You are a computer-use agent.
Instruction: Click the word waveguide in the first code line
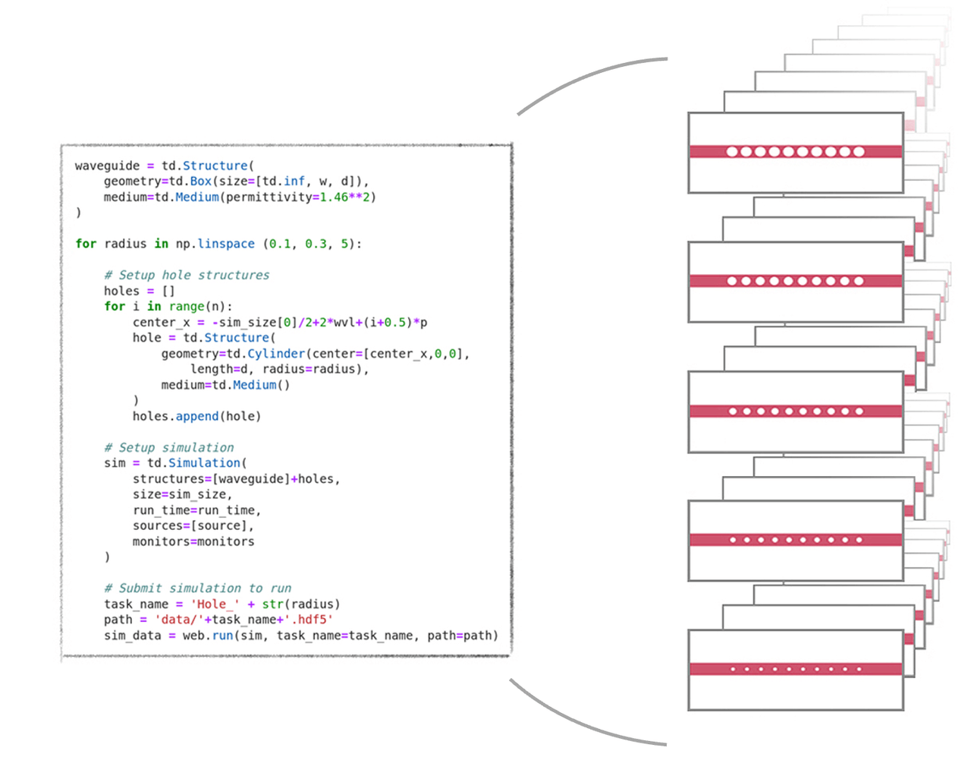107,166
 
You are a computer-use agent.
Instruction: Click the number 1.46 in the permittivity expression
333,197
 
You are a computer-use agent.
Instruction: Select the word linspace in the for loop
226,244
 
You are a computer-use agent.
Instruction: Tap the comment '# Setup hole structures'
187,275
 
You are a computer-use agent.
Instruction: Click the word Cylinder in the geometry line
276,354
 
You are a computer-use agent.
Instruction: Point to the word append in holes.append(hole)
196,416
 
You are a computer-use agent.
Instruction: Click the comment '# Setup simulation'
168,447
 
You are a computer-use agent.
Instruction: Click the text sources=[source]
193,525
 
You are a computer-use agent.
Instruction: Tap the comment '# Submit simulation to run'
197,588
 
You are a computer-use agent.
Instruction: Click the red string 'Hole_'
212,604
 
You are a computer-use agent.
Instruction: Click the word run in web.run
222,636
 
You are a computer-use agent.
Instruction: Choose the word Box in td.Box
200,181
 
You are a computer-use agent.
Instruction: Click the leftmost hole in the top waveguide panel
732,152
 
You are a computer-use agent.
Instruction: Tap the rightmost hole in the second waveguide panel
859,281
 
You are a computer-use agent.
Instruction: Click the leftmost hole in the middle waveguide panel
733,412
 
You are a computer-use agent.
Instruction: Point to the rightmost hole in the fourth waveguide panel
859,540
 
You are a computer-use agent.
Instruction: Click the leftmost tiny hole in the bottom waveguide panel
733,669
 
